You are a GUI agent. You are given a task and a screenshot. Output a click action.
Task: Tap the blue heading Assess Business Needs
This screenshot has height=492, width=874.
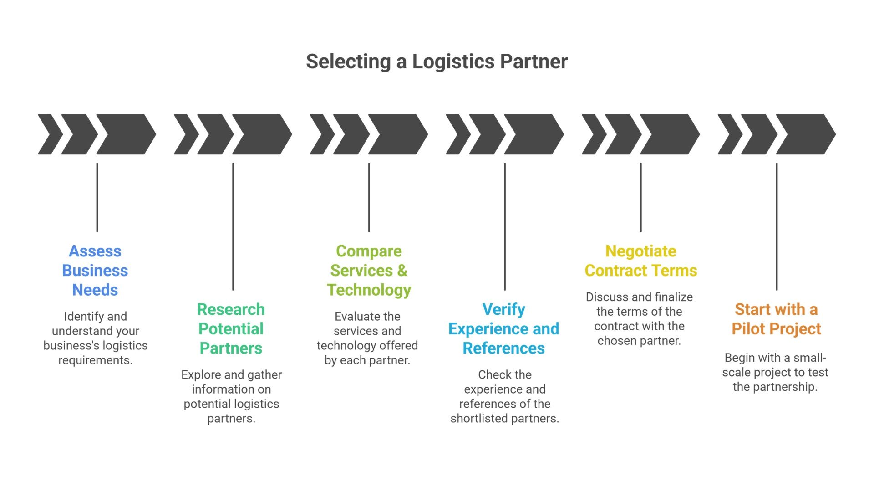[x=95, y=271]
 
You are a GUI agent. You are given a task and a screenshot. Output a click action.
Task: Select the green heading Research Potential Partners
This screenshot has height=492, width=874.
[x=231, y=329]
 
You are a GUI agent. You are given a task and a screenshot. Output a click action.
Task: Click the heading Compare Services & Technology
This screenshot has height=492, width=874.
[x=369, y=271]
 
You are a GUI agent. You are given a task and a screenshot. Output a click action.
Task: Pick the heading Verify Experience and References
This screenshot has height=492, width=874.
[x=504, y=329]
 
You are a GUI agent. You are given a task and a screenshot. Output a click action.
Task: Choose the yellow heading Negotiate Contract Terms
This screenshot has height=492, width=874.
[x=640, y=261]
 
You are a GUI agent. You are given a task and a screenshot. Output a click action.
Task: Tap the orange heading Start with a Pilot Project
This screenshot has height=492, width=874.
[x=776, y=319]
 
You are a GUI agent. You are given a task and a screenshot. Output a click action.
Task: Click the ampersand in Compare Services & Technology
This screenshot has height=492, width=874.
[x=402, y=271]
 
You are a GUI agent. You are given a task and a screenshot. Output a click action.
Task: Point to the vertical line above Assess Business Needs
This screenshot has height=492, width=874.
[x=97, y=197]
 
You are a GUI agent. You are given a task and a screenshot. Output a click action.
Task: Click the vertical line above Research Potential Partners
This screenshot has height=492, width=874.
[x=233, y=226]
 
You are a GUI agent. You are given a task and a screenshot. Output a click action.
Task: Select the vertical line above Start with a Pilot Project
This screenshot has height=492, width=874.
[x=777, y=226]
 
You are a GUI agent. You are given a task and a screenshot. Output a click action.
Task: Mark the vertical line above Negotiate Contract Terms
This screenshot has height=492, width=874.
[x=640, y=197]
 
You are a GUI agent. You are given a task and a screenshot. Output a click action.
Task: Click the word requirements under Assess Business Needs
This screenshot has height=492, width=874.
[x=95, y=360]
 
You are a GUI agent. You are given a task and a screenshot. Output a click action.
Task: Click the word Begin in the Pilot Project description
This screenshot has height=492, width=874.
[x=739, y=358]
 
